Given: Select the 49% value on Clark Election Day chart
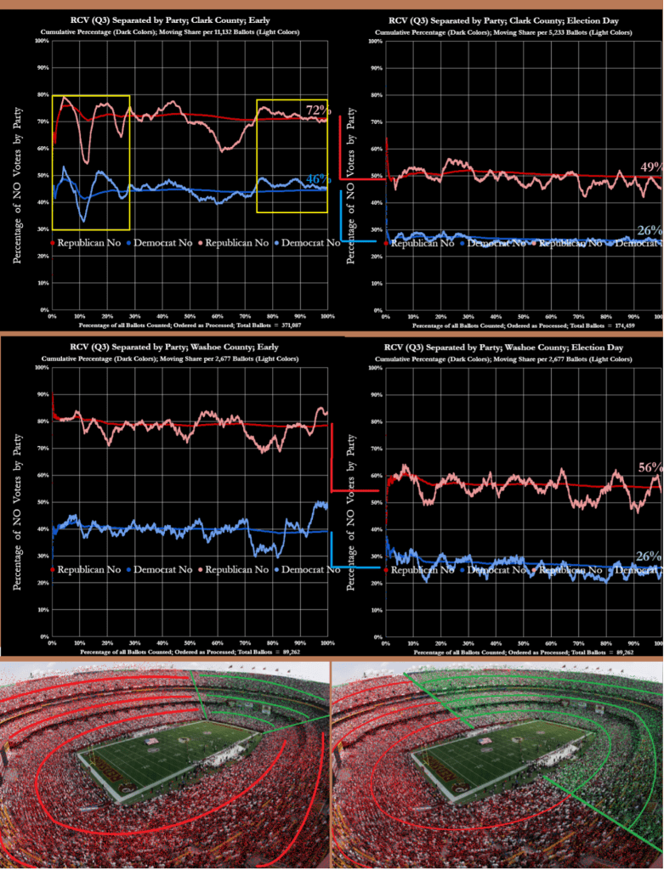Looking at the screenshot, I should [x=649, y=167].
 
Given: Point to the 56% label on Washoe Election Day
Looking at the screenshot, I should [x=649, y=467].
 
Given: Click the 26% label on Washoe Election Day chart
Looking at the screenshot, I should [x=649, y=556].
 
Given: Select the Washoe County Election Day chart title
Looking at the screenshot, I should [x=508, y=347].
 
